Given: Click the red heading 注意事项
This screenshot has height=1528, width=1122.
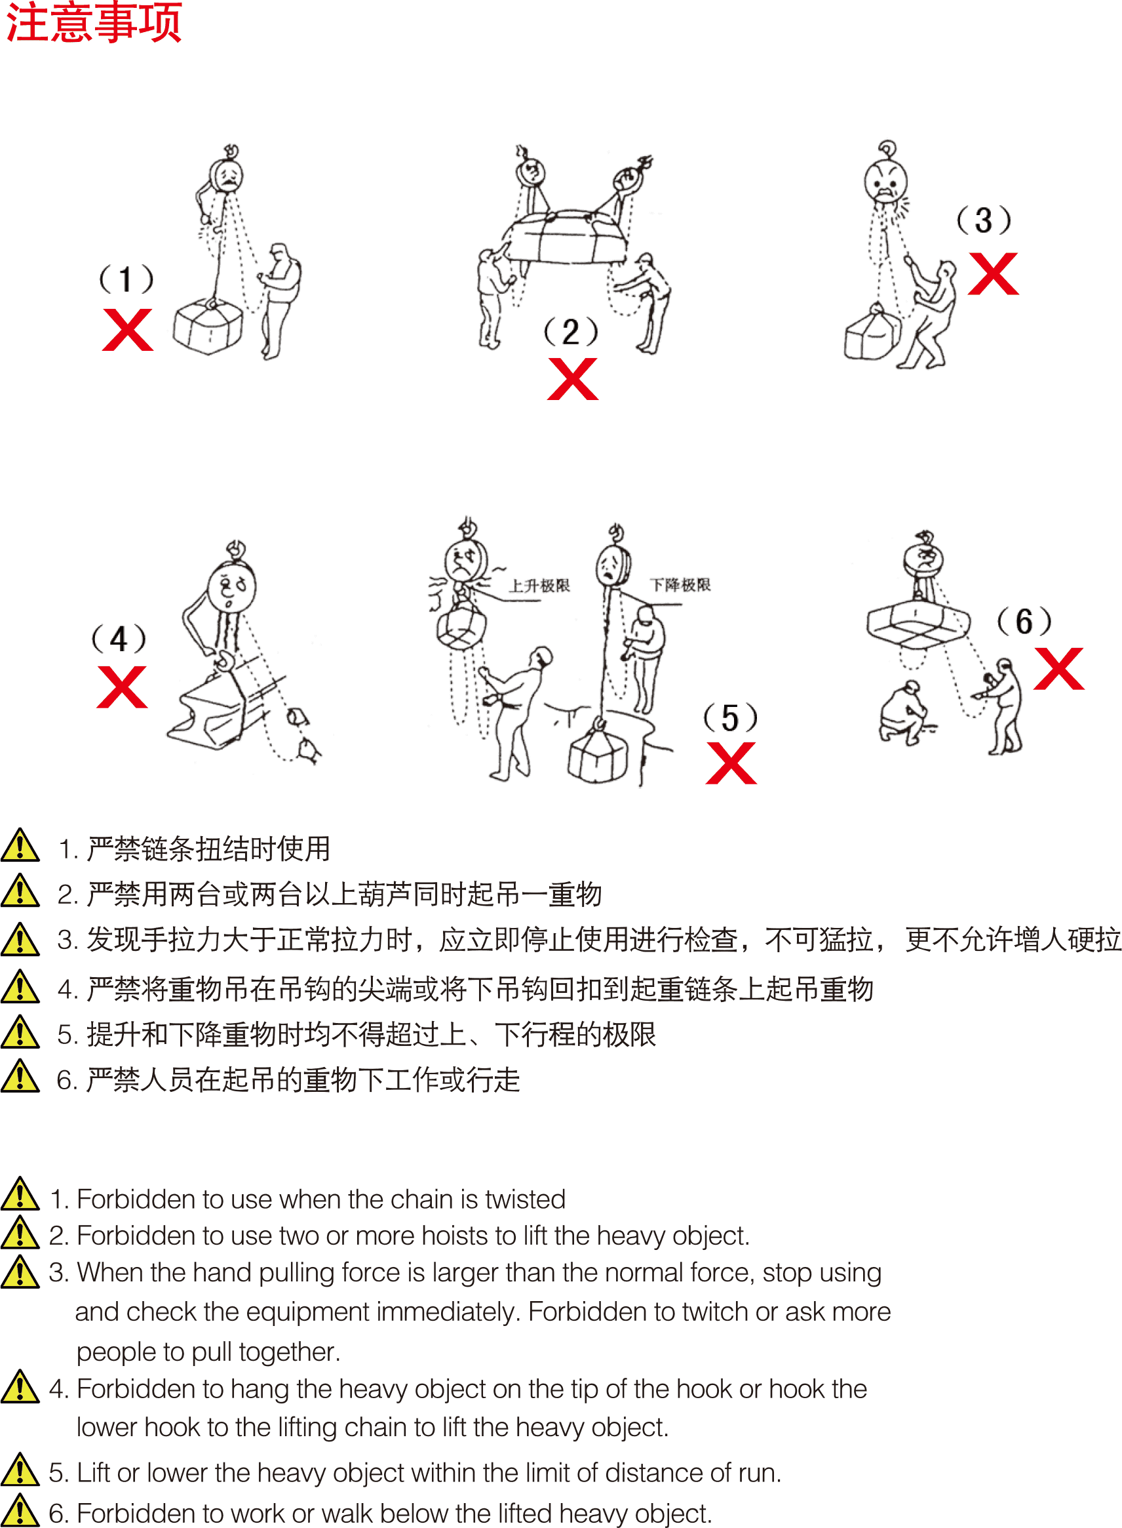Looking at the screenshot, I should tap(94, 22).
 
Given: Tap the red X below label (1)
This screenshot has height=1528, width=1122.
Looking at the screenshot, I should tap(128, 331).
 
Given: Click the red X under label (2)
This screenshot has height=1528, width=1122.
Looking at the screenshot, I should tap(573, 379).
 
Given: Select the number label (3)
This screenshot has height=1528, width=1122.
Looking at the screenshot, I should tap(984, 221).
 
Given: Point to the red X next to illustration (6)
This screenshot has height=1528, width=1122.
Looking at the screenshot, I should tap(1058, 669).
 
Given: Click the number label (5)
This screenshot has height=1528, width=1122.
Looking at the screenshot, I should tap(730, 718).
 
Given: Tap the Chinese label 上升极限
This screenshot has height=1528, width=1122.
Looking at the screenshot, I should tap(539, 586).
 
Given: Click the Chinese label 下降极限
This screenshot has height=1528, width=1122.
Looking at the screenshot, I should tap(680, 585).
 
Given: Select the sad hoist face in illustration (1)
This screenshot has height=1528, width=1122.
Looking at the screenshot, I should tap(227, 176).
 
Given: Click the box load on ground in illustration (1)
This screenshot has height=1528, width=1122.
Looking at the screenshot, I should tap(208, 327).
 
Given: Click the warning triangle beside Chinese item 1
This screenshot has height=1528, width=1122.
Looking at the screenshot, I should tap(20, 846).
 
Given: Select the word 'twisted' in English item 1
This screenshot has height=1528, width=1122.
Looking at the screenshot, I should tap(525, 1199).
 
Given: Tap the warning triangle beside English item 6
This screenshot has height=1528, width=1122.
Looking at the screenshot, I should tap(20, 1511).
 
